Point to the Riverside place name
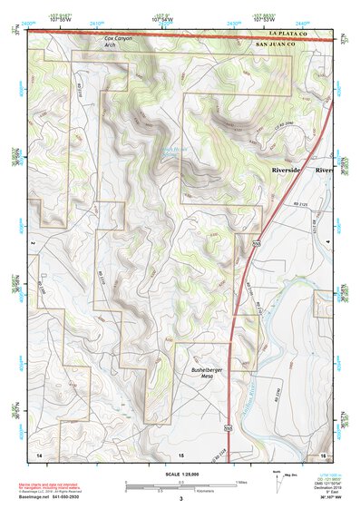(x=292, y=170)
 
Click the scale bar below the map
(x=181, y=484)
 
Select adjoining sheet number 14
(x=39, y=453)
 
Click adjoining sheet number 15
(x=180, y=453)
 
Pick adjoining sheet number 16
(x=322, y=453)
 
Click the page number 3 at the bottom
(x=181, y=499)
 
